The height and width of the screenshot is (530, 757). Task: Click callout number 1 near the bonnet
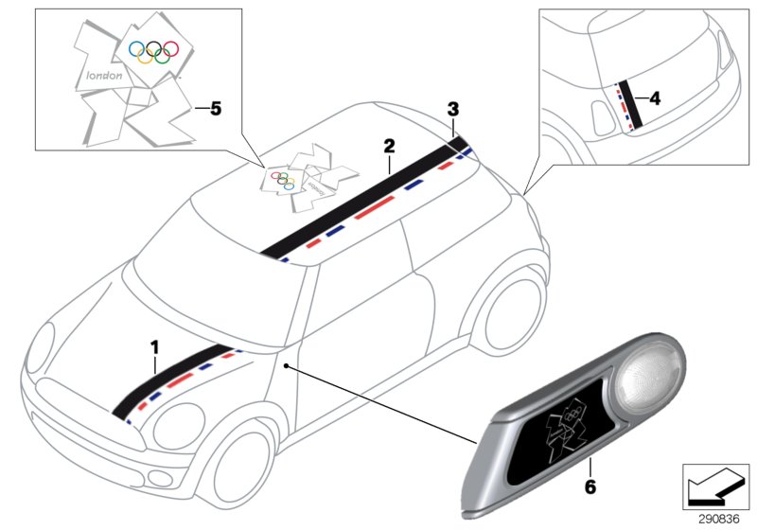(x=154, y=347)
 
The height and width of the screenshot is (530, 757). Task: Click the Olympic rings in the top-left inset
(x=154, y=51)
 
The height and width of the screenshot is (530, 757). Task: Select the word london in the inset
(x=104, y=75)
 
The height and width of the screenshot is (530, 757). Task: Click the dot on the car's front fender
(x=285, y=363)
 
